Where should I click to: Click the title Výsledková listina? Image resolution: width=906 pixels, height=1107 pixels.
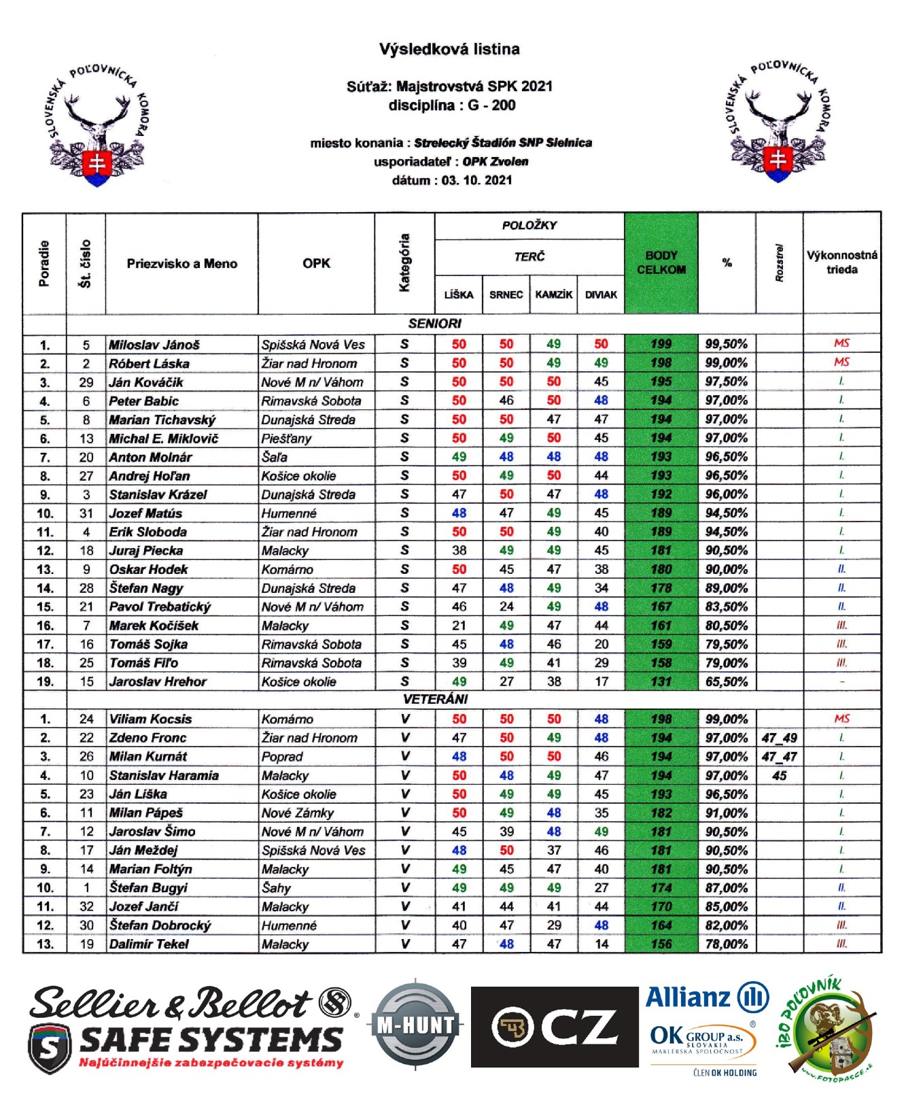pyautogui.click(x=449, y=49)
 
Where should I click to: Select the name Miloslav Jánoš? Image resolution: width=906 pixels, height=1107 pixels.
pyautogui.click(x=154, y=345)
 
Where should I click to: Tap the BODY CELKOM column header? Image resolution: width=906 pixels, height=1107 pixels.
pyautogui.click(x=661, y=262)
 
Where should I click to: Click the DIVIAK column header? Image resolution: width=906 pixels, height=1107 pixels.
pyautogui.click(x=601, y=294)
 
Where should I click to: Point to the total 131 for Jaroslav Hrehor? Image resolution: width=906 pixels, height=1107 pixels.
pyautogui.click(x=661, y=681)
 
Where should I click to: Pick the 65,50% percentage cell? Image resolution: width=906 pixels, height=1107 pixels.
pyautogui.click(x=726, y=681)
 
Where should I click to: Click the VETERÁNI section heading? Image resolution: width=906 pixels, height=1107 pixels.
pyautogui.click(x=435, y=699)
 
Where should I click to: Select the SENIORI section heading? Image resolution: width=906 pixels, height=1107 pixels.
pyautogui.click(x=435, y=324)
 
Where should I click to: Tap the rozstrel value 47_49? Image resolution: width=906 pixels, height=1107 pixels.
pyautogui.click(x=779, y=738)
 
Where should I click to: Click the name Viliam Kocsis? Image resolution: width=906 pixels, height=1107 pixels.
pyautogui.click(x=150, y=719)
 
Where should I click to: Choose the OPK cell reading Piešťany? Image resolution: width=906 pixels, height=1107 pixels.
pyautogui.click(x=286, y=439)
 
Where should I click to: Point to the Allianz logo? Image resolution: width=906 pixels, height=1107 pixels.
pyautogui.click(x=707, y=998)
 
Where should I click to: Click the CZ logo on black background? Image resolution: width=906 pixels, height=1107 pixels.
pyautogui.click(x=555, y=1027)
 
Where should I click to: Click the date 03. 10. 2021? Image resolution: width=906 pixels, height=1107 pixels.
pyautogui.click(x=476, y=180)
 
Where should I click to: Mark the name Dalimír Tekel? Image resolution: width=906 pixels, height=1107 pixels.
pyautogui.click(x=149, y=944)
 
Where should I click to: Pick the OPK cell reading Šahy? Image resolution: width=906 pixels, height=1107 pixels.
pyautogui.click(x=276, y=888)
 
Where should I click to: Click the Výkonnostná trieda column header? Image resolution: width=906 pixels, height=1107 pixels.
pyautogui.click(x=841, y=262)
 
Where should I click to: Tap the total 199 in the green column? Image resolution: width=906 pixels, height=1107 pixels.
pyautogui.click(x=661, y=345)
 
